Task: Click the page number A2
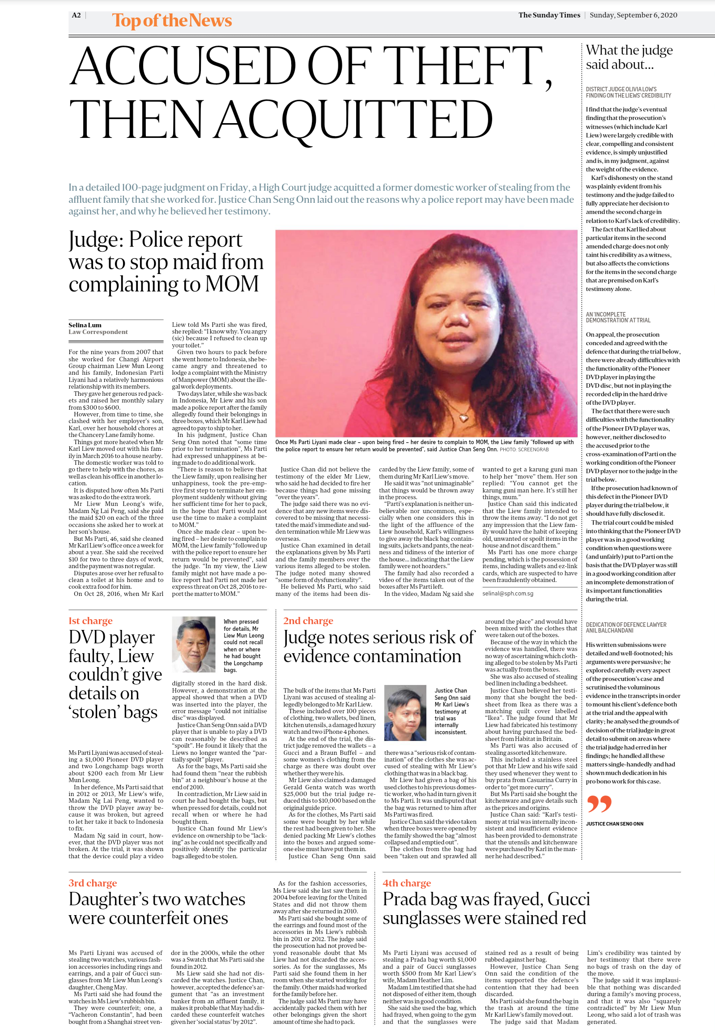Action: pos(76,15)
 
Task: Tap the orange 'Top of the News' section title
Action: pos(171,21)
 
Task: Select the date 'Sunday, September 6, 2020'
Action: pos(633,15)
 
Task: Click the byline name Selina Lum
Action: pos(85,325)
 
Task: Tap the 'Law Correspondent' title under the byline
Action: pos(98,332)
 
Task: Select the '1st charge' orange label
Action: pos(90,621)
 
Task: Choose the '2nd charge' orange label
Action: pos(308,621)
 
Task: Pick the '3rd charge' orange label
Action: pos(93,883)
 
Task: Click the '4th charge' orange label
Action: pos(407,883)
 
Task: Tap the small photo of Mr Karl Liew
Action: pos(405,712)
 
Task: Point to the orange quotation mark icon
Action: pos(599,804)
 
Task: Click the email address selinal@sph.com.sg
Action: pos(507,594)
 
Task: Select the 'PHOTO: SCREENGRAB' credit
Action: pos(524,449)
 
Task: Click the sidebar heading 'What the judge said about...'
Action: pos(629,57)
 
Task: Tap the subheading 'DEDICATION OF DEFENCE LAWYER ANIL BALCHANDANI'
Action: pos(626,627)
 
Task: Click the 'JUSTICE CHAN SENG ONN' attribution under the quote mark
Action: pos(614,823)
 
